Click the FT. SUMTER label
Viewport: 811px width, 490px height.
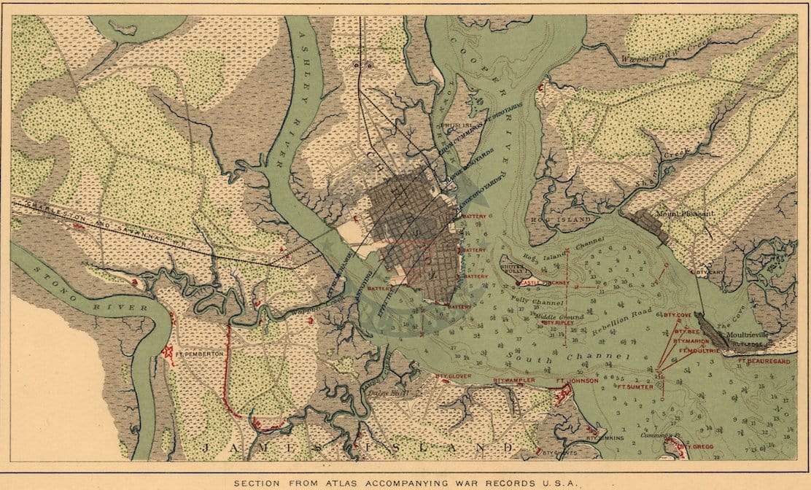634,387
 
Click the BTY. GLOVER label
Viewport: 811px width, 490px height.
453,376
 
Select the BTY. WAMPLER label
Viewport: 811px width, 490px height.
514,381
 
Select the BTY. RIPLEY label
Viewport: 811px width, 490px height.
558,322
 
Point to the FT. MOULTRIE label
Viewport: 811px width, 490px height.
699,350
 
